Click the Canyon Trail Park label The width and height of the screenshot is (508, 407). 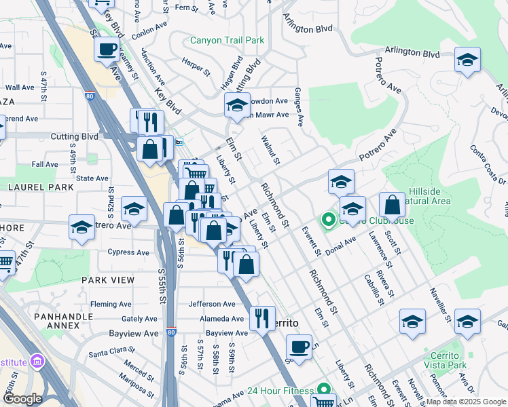227,41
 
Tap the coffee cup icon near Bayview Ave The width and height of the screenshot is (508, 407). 299,347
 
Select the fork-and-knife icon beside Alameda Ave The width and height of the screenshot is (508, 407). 261,318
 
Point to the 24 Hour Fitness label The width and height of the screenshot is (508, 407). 280,391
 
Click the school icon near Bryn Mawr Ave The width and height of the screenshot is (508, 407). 237,105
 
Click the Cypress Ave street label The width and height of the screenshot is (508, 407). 128,252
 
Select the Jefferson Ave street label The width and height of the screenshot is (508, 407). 212,304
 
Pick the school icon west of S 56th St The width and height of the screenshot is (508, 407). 134,210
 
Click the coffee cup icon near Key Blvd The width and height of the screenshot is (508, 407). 107,49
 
